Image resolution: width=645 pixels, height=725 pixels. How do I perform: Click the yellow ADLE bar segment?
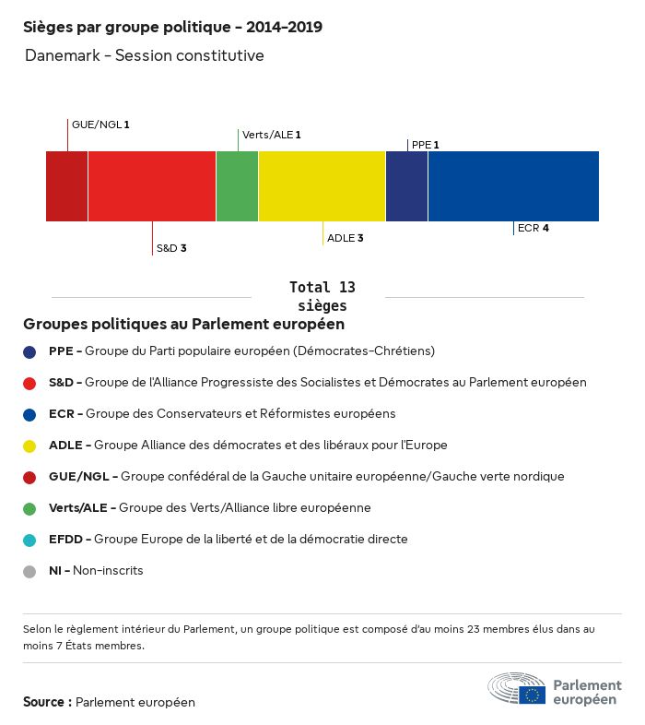(x=322, y=186)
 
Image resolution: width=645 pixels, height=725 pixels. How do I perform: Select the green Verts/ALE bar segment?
(x=237, y=186)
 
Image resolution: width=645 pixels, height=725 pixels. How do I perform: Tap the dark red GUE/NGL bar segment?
(x=66, y=186)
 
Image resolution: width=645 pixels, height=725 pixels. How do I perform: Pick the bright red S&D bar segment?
(x=152, y=186)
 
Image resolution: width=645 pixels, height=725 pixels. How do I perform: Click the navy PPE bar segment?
(x=406, y=186)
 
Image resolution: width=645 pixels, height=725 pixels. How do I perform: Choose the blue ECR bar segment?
(x=513, y=186)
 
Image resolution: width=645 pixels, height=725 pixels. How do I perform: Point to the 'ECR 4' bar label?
(x=534, y=228)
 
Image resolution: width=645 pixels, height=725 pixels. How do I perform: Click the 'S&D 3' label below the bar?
(x=171, y=248)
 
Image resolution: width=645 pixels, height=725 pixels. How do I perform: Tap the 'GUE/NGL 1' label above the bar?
(x=100, y=124)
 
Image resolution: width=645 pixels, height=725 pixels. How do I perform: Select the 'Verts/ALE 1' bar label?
(x=272, y=135)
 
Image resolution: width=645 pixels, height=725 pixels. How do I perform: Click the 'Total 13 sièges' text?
(x=322, y=296)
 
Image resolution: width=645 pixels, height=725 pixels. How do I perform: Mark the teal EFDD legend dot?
(x=29, y=540)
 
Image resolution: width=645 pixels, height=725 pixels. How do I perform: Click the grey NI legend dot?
(x=29, y=571)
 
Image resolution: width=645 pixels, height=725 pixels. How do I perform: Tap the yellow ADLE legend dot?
(x=29, y=446)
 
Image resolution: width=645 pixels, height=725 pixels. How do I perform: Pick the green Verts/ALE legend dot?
(x=29, y=508)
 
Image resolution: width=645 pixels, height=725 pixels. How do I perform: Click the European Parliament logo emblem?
(x=517, y=690)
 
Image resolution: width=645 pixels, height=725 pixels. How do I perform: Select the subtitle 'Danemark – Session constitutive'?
(x=145, y=56)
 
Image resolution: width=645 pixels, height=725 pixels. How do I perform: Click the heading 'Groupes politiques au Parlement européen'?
(x=184, y=325)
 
